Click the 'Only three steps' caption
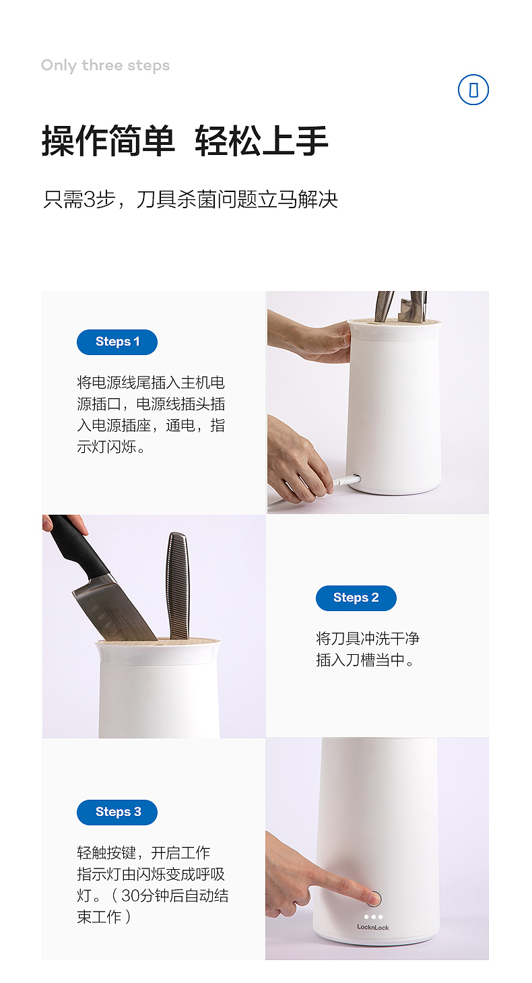click(x=105, y=65)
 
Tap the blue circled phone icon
click(x=473, y=90)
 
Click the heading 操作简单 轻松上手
click(x=185, y=141)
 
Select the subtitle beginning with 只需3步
click(x=191, y=199)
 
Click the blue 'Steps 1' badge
click(x=117, y=342)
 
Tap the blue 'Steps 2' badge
click(x=356, y=598)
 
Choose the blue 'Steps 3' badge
click(x=117, y=812)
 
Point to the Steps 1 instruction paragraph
click(x=151, y=414)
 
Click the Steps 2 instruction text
click(x=368, y=649)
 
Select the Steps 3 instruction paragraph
click(x=152, y=885)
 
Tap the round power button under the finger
click(x=375, y=898)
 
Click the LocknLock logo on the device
click(x=372, y=928)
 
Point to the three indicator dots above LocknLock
click(x=372, y=916)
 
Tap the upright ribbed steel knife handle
click(x=178, y=583)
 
